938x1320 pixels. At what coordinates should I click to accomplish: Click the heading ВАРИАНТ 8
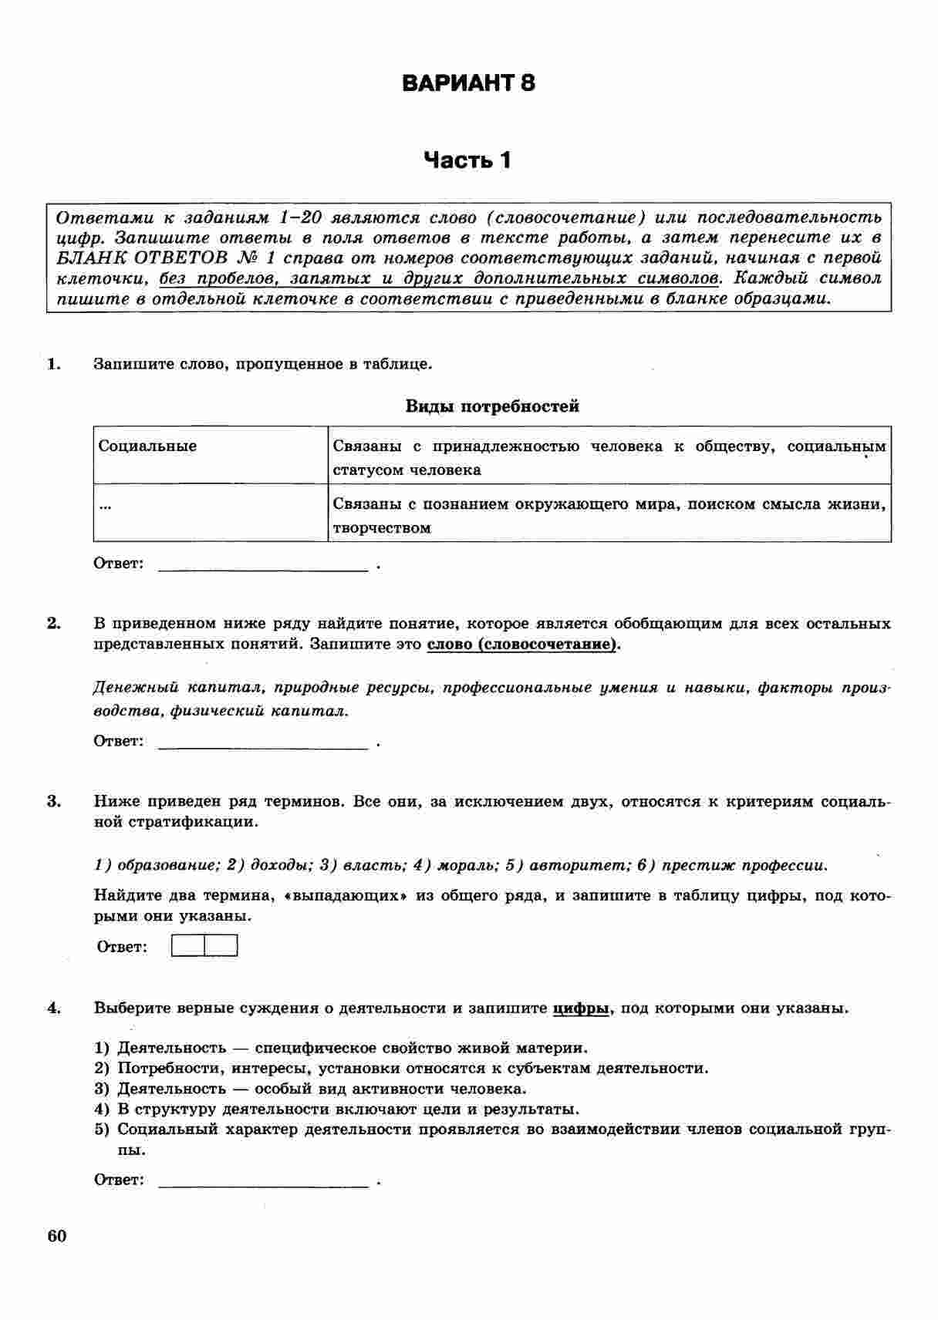(468, 83)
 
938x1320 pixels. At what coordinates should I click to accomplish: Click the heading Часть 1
(467, 160)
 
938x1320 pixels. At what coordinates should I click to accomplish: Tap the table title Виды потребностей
(492, 406)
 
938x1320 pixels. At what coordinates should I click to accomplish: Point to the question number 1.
(53, 364)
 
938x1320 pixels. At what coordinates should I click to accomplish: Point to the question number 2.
(53, 623)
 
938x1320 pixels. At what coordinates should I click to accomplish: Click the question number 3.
(53, 801)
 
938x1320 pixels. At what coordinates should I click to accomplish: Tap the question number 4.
(53, 1008)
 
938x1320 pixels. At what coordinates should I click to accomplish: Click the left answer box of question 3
(187, 946)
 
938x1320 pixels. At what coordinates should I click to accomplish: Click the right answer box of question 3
(221, 946)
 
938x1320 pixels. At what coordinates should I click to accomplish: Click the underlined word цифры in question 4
(581, 1009)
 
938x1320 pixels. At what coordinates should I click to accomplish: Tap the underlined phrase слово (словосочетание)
(522, 645)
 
